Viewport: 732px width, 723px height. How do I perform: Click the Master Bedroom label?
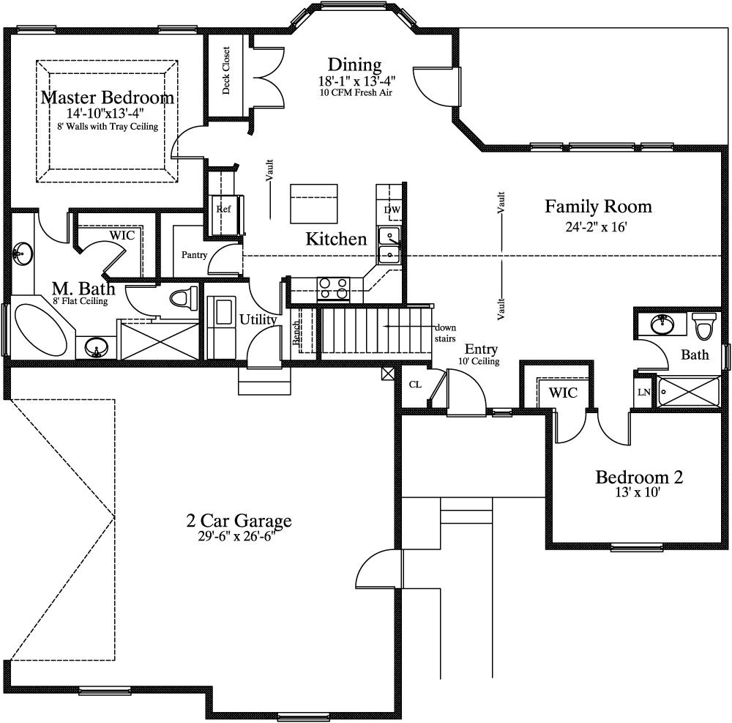107,97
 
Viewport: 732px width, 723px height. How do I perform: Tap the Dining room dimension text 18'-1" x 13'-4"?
354,81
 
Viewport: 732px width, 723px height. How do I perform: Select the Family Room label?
597,207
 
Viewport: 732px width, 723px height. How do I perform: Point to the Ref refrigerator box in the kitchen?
223,209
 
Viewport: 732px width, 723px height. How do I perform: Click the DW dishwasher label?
392,211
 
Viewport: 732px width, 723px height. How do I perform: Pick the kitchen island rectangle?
315,204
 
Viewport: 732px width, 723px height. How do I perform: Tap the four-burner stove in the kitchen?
333,289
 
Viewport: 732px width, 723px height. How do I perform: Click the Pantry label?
194,255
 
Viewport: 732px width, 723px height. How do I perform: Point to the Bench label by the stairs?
296,334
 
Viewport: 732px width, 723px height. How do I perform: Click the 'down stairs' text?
444,333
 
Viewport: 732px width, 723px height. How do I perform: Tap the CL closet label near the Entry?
414,384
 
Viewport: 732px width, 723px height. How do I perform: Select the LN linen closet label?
643,392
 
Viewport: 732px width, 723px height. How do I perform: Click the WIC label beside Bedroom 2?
563,393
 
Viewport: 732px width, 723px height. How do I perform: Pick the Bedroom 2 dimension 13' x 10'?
638,493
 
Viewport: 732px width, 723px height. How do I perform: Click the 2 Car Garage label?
239,521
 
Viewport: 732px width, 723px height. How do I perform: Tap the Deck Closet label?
225,71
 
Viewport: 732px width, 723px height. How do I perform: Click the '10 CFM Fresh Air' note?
354,93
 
